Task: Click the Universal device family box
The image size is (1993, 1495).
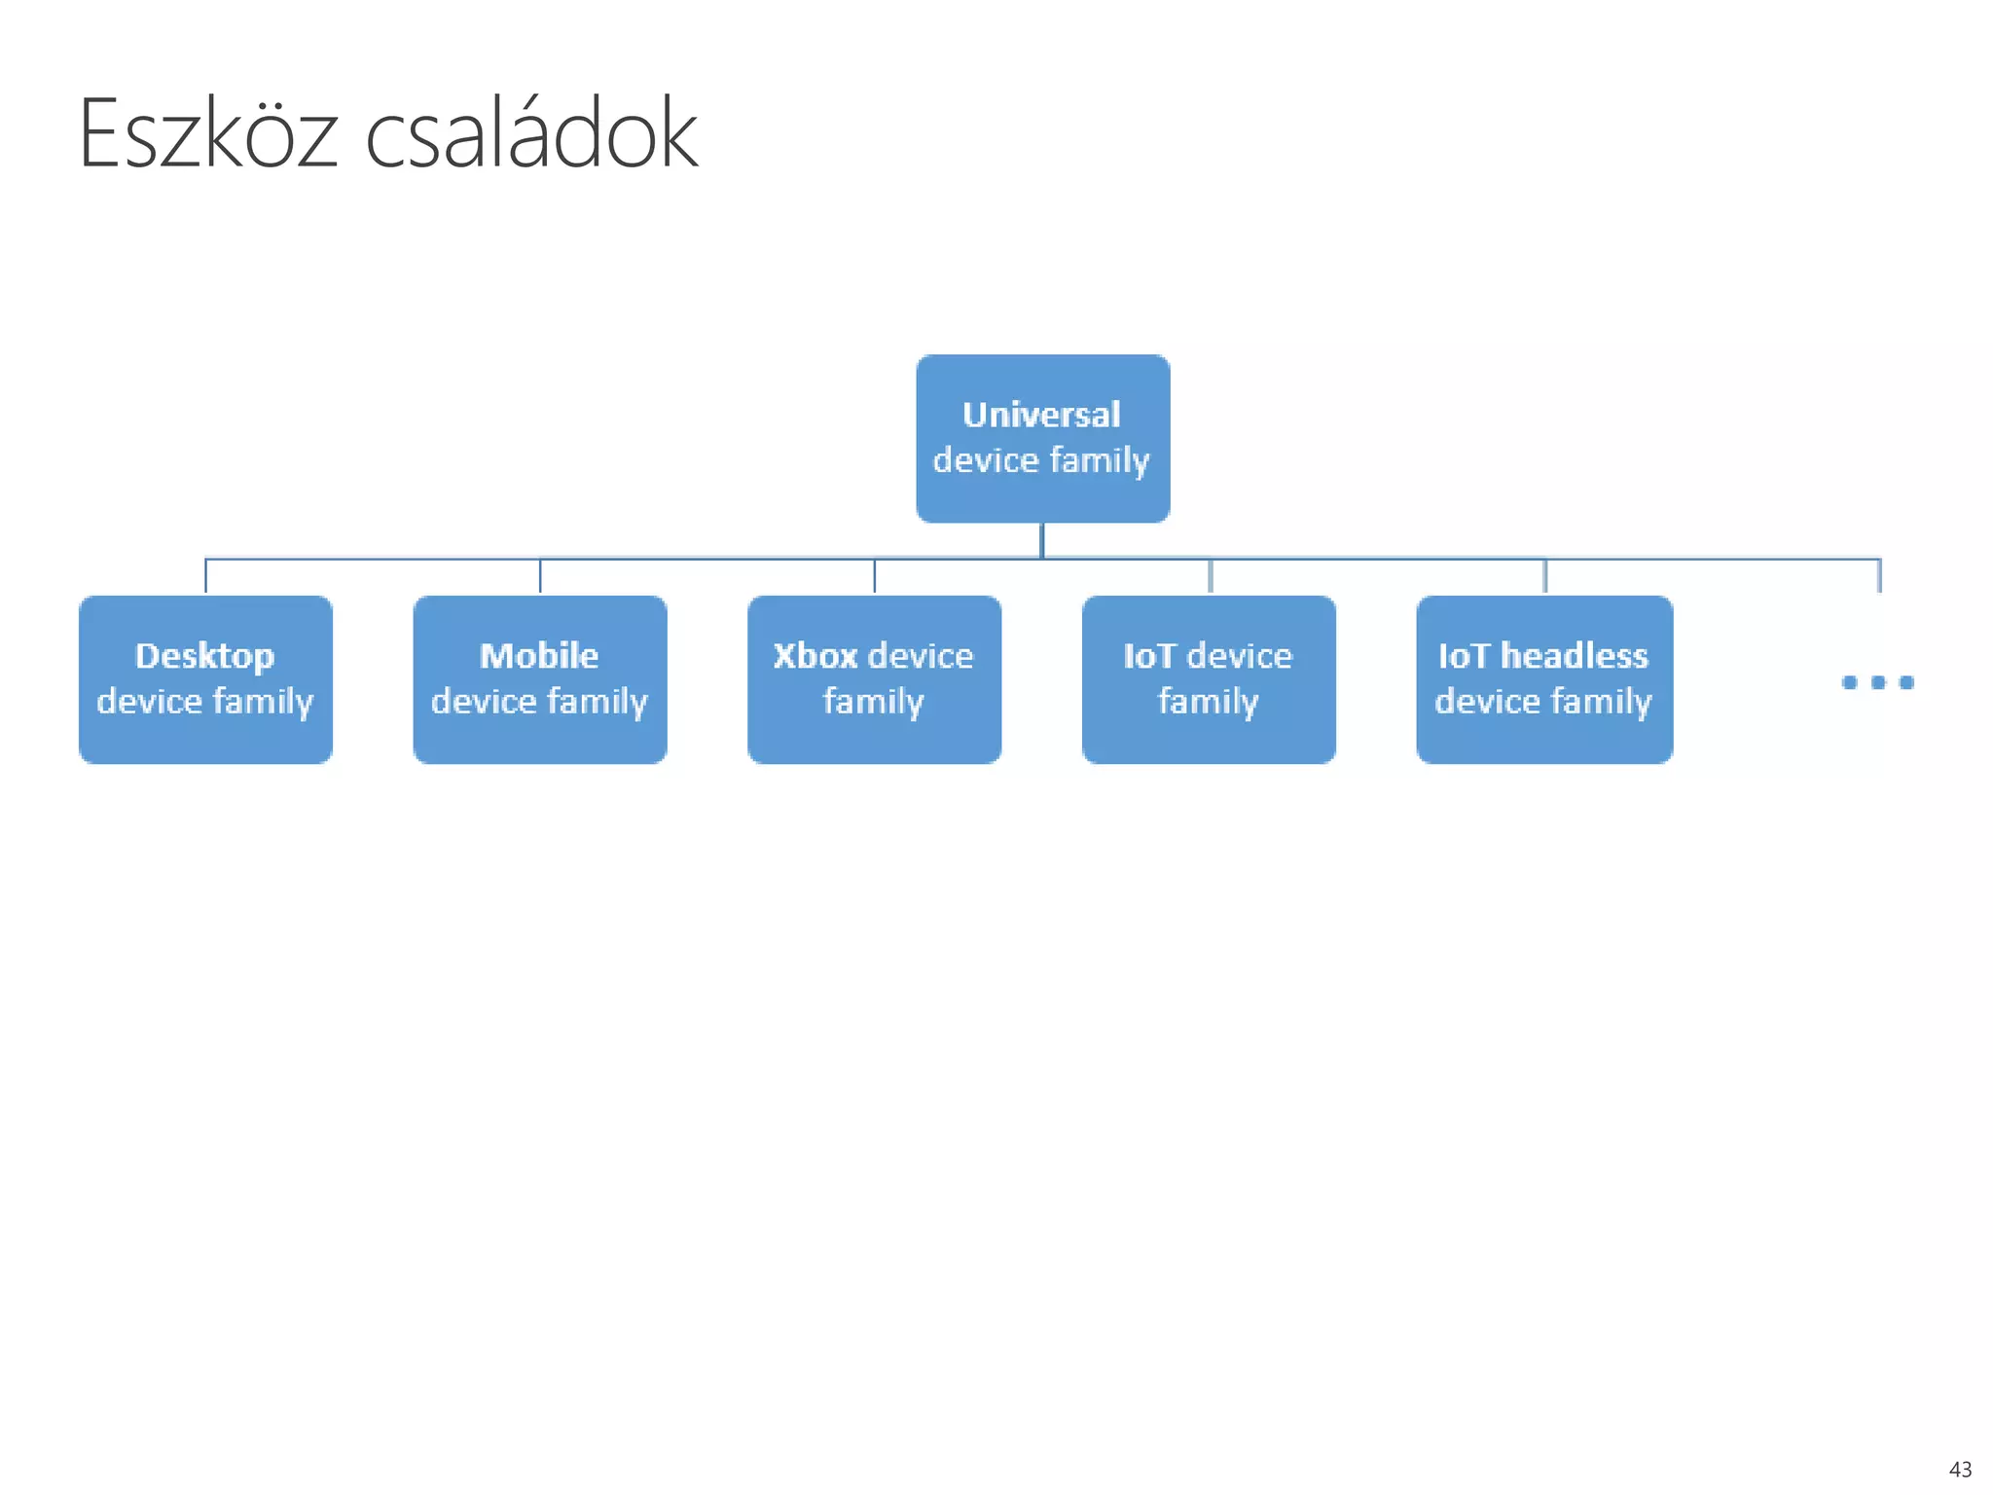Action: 1042,438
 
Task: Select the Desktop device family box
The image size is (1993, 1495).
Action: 205,679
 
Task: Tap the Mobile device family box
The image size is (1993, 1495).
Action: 540,679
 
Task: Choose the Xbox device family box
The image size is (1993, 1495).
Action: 874,679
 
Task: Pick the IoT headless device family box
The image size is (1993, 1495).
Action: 1544,679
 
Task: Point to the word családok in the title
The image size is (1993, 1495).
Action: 531,134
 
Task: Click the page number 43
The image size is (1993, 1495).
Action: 1960,1470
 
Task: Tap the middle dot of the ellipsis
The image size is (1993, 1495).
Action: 1878,682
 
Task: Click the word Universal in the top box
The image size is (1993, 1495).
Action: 1041,415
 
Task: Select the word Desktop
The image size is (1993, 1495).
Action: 204,657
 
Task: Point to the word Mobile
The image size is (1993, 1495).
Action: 539,656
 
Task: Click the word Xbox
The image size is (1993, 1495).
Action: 815,656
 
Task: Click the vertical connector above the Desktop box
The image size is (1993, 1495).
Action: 205,576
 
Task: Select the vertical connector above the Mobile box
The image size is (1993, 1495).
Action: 540,576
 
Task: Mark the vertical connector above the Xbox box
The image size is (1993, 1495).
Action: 874,576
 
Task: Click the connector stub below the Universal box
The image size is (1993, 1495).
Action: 1042,540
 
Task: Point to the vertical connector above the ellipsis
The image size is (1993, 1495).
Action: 1879,576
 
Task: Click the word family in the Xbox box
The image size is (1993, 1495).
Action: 873,702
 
